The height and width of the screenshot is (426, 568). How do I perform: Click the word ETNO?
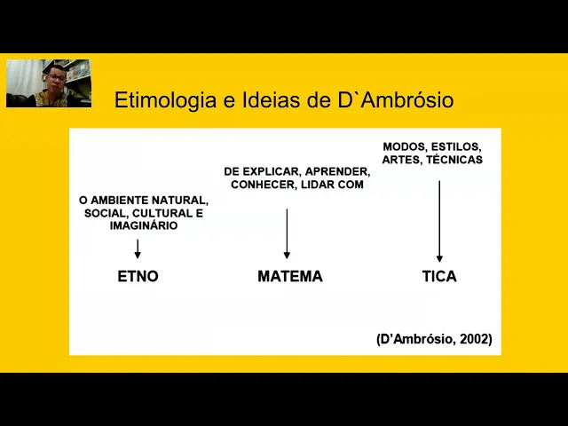click(x=138, y=276)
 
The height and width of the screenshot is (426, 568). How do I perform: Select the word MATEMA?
click(x=289, y=276)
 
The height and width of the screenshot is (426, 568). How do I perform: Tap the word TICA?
click(x=439, y=276)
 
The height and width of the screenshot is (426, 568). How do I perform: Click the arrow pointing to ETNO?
click(x=138, y=248)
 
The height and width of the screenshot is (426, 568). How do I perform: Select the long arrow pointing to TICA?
click(x=439, y=221)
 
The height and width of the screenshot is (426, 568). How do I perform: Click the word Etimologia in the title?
click(x=165, y=100)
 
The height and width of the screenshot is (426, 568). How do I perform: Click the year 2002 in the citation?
click(x=475, y=339)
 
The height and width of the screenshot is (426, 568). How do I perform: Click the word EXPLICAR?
click(x=271, y=171)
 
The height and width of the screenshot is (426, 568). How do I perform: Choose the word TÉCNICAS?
click(x=454, y=160)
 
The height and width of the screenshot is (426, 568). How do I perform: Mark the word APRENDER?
click(x=336, y=171)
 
